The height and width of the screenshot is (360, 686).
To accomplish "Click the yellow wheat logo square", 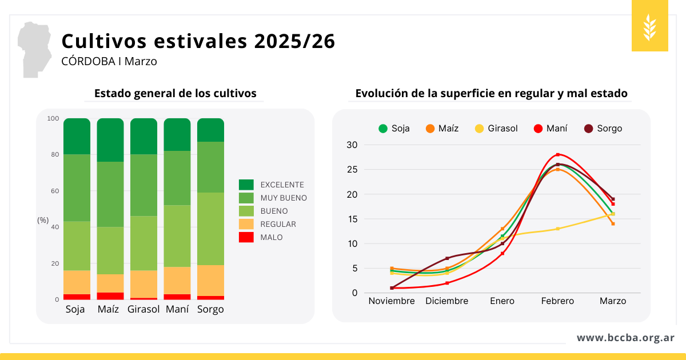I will pyautogui.click(x=649, y=26).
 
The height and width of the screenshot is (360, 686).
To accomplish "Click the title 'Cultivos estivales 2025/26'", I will pyautogui.click(x=198, y=41).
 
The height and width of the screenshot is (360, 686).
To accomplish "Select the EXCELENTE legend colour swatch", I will pyautogui.click(x=246, y=185).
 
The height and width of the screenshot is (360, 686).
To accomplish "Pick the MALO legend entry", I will pyautogui.click(x=271, y=237).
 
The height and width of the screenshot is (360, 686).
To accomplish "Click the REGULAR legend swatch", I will pyautogui.click(x=246, y=224).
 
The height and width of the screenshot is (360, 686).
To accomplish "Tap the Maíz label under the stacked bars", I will pyautogui.click(x=108, y=309).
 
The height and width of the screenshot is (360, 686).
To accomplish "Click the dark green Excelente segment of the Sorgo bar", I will pyautogui.click(x=210, y=130).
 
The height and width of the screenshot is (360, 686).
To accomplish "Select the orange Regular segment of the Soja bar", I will pyautogui.click(x=77, y=282).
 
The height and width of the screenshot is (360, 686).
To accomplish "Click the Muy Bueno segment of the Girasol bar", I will pyautogui.click(x=143, y=185).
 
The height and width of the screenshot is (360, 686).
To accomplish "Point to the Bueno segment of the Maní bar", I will pyautogui.click(x=177, y=235).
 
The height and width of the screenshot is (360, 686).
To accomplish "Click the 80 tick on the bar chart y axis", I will pyautogui.click(x=53, y=154).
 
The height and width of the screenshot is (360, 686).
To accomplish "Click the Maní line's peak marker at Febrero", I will pyautogui.click(x=557, y=155).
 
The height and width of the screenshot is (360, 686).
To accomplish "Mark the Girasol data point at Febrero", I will pyautogui.click(x=557, y=229).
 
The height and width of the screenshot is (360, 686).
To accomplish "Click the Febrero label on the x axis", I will pyautogui.click(x=557, y=301).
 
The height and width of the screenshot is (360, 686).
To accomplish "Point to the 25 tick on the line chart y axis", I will pyautogui.click(x=352, y=170).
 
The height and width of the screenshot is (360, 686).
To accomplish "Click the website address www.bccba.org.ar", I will pyautogui.click(x=625, y=338).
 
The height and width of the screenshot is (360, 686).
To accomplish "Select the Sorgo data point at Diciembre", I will pyautogui.click(x=447, y=258).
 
